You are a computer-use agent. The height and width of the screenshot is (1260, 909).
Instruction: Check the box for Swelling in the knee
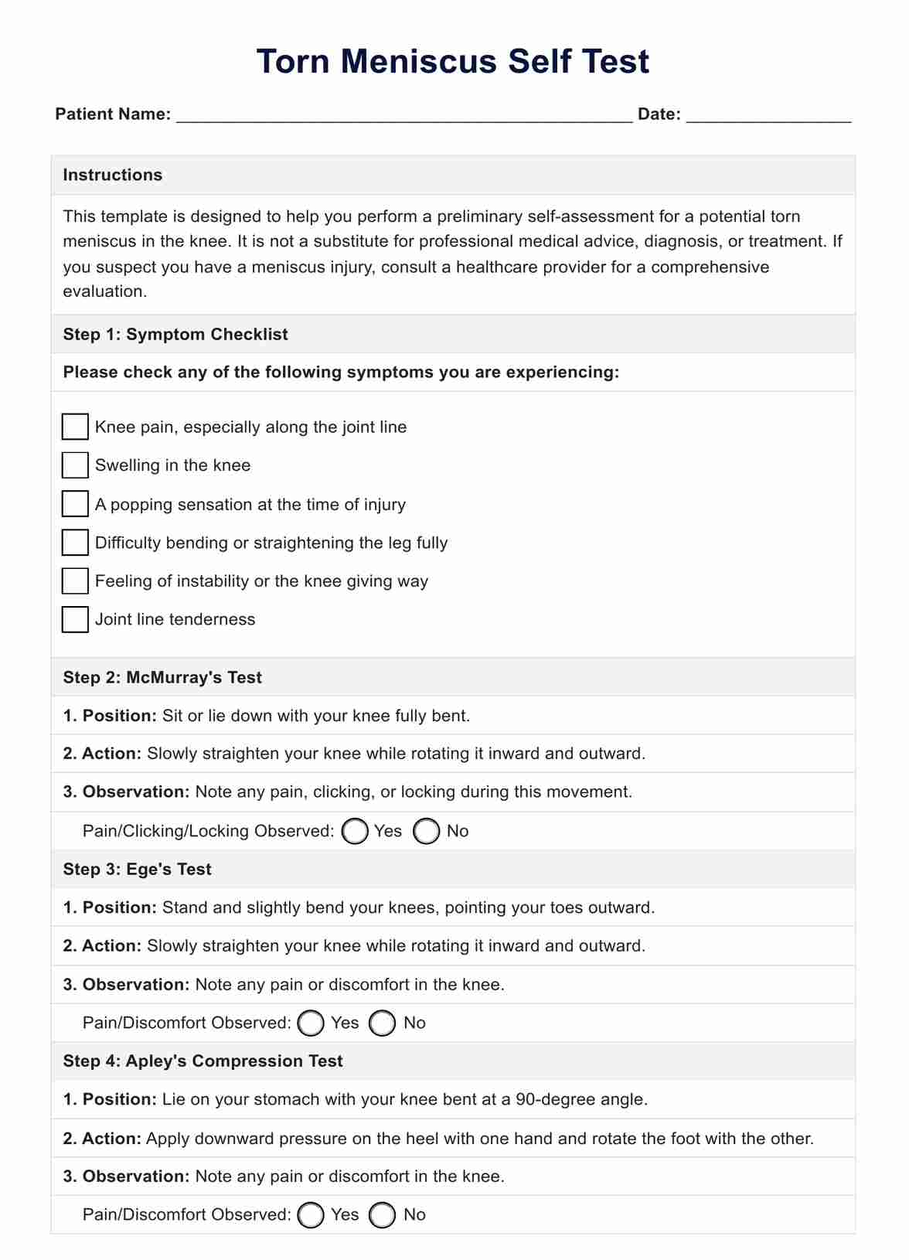tap(75, 465)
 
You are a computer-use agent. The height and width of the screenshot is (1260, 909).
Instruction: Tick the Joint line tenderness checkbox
tap(75, 619)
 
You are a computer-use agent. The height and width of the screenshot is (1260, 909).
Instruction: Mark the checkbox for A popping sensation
tap(75, 504)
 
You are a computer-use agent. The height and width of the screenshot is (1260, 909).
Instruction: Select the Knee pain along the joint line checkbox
tap(75, 427)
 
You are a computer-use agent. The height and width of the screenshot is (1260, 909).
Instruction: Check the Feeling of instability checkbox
tap(75, 581)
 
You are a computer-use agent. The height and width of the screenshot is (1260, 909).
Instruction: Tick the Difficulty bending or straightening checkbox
tap(75, 543)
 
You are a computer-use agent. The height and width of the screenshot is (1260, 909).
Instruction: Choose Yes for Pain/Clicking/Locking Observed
tap(355, 831)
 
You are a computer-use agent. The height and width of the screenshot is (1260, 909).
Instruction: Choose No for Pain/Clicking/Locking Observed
tap(427, 831)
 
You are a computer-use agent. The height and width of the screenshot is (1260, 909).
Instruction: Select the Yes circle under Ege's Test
tap(311, 1023)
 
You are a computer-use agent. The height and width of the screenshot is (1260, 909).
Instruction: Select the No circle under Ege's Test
tap(383, 1023)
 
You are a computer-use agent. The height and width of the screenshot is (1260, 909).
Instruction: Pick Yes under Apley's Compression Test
tap(311, 1214)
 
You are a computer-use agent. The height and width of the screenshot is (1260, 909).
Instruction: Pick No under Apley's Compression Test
tap(383, 1214)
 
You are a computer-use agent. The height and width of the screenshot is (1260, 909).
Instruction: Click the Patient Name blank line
tap(404, 116)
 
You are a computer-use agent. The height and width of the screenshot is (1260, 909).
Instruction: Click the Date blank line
tap(768, 116)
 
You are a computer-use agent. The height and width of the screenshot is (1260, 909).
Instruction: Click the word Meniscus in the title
tap(419, 61)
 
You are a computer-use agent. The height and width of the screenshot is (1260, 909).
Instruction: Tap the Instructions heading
tap(113, 175)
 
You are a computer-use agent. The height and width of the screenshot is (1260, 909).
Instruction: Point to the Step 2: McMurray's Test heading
tap(162, 677)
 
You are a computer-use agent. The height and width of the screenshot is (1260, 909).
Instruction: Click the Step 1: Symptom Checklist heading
tap(175, 334)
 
